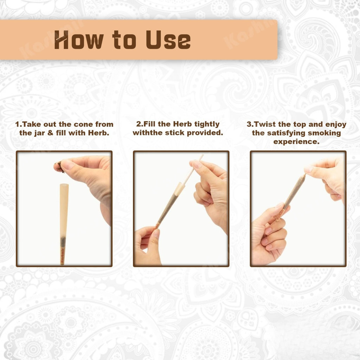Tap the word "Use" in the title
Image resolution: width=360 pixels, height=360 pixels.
click(168, 40)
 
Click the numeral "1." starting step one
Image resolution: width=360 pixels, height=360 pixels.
click(19, 124)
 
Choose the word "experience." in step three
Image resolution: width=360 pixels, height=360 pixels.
click(296, 142)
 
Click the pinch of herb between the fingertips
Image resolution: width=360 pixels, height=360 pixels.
click(60, 167)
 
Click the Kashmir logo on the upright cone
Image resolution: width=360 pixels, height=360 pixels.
click(62, 256)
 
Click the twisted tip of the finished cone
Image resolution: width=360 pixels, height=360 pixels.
click(303, 177)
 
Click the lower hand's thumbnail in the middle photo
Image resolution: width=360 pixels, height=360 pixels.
click(156, 233)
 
